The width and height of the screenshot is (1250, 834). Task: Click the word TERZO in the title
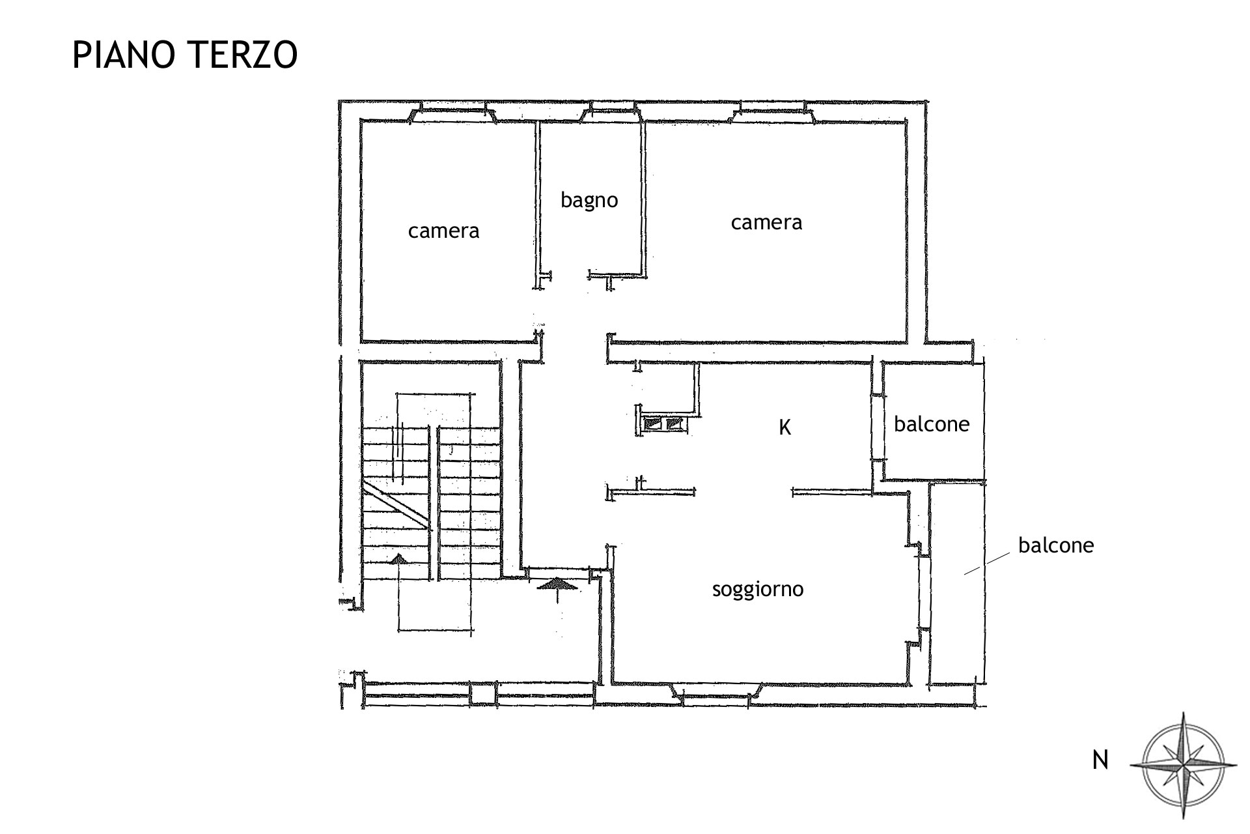pos(242,55)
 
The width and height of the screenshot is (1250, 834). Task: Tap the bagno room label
pos(589,201)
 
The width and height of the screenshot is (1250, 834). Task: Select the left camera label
pos(443,231)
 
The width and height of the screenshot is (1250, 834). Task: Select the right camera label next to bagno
pos(766,223)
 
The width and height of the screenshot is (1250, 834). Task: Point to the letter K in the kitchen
pos(785,427)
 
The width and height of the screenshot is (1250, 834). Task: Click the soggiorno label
pos(758,590)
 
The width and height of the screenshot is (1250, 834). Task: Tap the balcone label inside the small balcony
pos(932,424)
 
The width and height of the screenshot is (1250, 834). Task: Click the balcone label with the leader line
pos(1056,545)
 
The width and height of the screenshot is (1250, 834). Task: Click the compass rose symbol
pos(1183,765)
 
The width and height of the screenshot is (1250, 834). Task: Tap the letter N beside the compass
pos(1100,760)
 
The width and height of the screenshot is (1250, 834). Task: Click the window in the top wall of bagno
pos(611,113)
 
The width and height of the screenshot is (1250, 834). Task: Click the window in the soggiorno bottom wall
pos(716,693)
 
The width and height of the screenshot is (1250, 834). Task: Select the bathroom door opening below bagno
pos(570,276)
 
